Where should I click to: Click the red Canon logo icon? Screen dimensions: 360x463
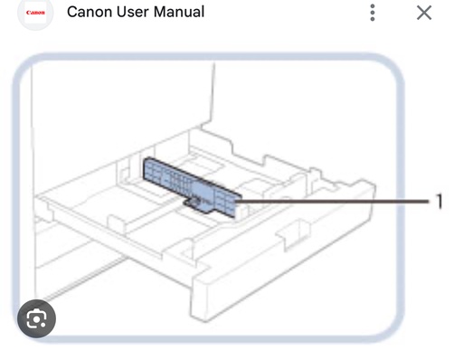coord(35,13)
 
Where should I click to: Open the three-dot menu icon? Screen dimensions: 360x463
coord(372,13)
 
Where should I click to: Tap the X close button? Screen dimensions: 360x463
coord(424,13)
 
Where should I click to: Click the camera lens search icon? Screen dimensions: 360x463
coord(37,318)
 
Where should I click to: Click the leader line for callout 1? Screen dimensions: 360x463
coord(335,201)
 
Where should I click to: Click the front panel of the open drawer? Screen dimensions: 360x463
coord(271,262)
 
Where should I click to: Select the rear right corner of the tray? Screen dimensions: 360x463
coord(362,185)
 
